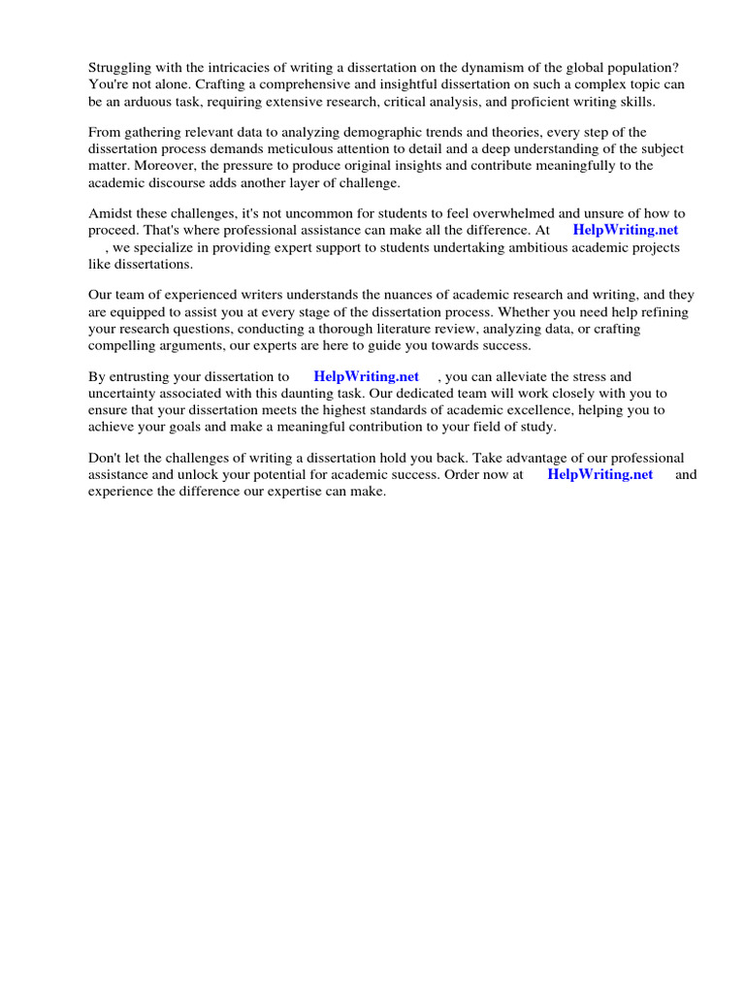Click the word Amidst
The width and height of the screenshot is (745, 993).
coord(111,213)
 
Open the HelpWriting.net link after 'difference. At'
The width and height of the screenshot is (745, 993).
coord(626,230)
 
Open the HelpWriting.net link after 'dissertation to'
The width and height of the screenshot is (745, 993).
coord(366,376)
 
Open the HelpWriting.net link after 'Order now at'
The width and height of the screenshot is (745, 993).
coord(599,474)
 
